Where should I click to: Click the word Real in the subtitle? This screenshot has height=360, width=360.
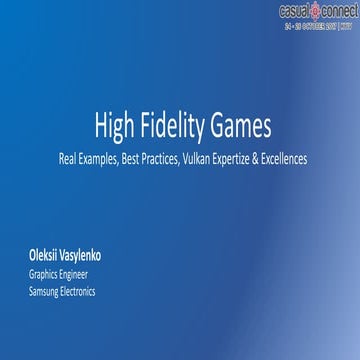click(x=69, y=158)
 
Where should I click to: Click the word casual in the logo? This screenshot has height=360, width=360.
click(x=295, y=9)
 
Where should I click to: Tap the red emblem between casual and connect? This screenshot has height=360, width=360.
click(x=315, y=9)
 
